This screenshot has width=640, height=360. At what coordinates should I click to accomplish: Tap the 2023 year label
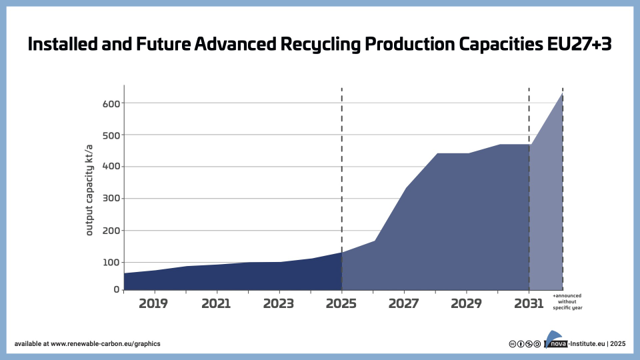(279, 303)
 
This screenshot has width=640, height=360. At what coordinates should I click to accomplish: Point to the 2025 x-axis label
(342, 303)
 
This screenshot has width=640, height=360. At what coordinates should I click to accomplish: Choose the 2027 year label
(404, 303)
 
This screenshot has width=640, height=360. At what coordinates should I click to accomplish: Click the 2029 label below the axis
(466, 303)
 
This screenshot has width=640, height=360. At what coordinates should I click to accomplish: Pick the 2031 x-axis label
(529, 303)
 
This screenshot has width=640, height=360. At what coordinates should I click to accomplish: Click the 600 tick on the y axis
(111, 103)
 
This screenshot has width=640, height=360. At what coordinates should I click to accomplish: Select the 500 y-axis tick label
(111, 135)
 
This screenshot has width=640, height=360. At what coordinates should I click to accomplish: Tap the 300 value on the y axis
(111, 199)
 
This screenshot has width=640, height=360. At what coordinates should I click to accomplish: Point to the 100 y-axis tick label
(111, 262)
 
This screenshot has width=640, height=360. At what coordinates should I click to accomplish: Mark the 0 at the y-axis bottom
(117, 289)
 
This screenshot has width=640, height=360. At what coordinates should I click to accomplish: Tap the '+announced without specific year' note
(568, 301)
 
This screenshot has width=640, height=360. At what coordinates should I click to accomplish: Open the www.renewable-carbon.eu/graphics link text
(105, 344)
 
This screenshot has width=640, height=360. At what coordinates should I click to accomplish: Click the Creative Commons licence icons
(524, 344)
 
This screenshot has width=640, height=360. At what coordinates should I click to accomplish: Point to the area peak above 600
(562, 95)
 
